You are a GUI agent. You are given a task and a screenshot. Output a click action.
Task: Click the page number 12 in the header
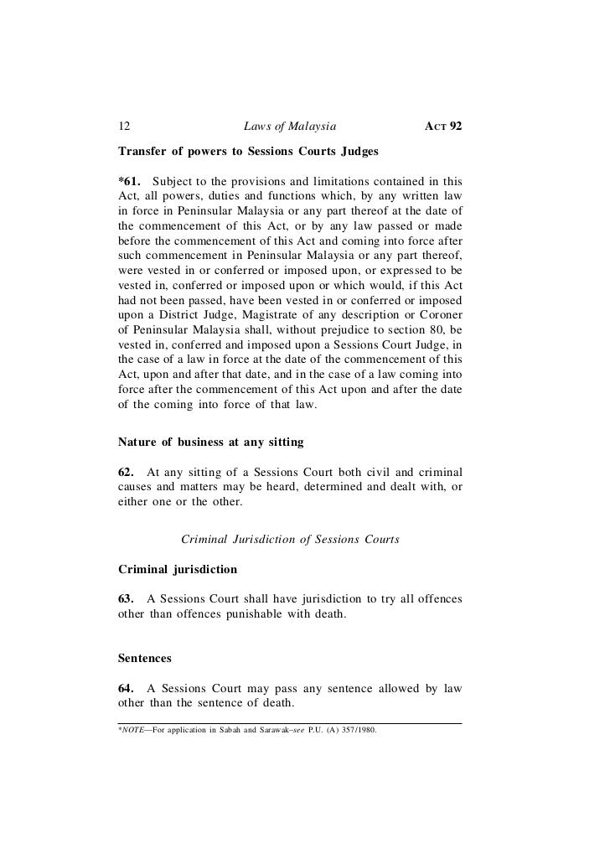124,127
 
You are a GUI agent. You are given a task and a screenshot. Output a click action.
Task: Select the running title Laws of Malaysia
289,127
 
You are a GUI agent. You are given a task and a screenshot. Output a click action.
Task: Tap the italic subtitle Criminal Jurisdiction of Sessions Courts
290,539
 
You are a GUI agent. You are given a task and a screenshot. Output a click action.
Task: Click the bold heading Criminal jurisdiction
178,569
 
